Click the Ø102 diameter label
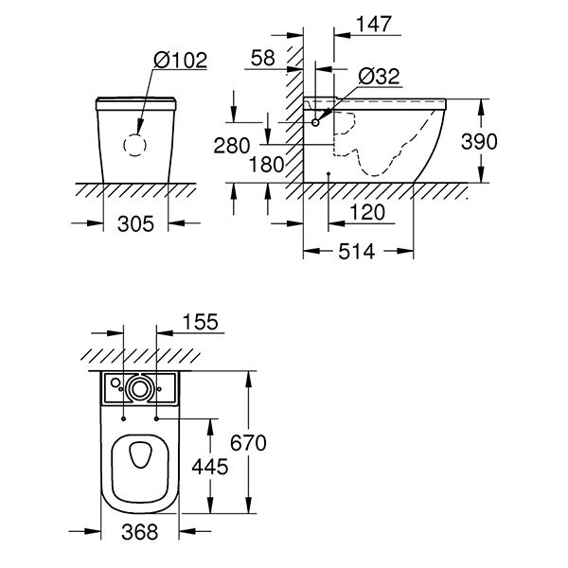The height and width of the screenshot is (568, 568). (180, 59)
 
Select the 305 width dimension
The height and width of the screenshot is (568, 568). (134, 224)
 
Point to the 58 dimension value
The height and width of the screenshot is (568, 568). (263, 59)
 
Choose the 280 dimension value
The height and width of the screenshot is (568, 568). (231, 146)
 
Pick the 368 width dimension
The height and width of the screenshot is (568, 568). (140, 532)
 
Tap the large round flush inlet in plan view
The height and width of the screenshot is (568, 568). (141, 387)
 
